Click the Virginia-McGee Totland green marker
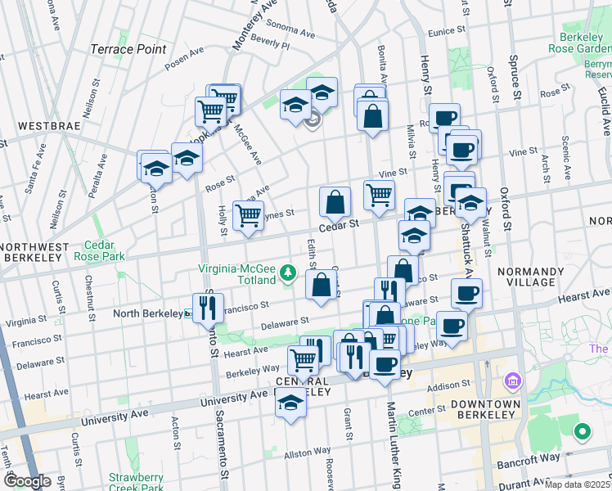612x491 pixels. click(x=287, y=271)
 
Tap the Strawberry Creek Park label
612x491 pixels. click(x=136, y=483)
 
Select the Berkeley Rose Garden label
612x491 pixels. click(x=586, y=43)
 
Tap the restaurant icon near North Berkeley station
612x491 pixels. click(x=207, y=307)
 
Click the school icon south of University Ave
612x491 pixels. click(x=290, y=404)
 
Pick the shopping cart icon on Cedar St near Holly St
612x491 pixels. click(x=248, y=216)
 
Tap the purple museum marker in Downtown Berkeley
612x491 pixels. click(x=513, y=381)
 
